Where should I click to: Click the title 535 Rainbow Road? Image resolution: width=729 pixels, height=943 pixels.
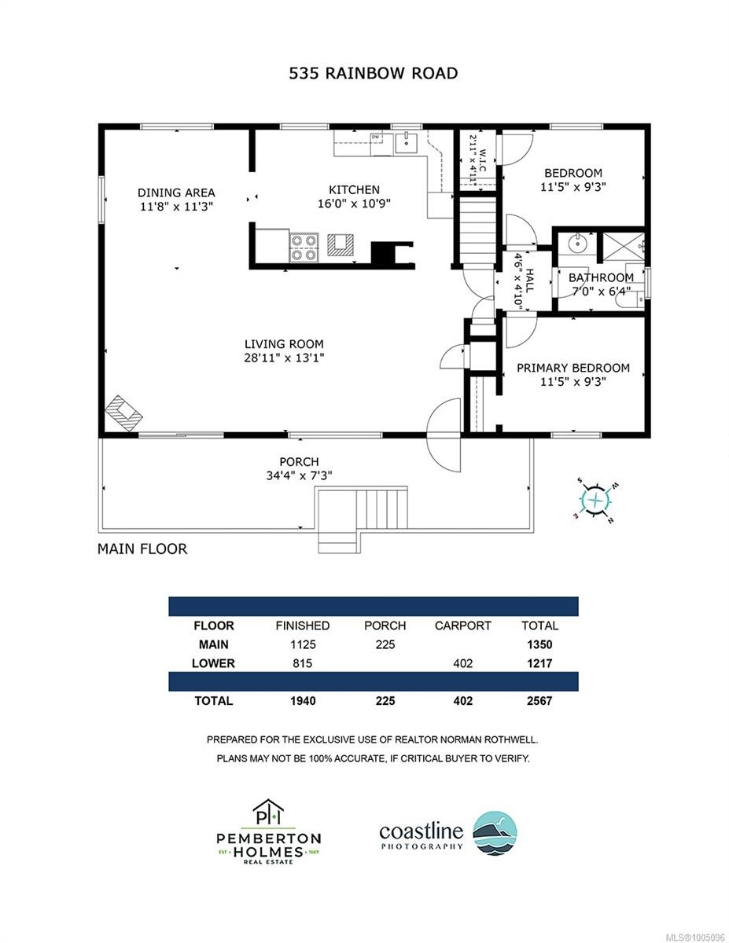pyautogui.click(x=364, y=74)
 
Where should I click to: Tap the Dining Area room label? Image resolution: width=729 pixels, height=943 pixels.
pyautogui.click(x=176, y=193)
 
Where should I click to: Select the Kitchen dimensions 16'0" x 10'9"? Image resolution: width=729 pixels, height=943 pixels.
pyautogui.click(x=354, y=203)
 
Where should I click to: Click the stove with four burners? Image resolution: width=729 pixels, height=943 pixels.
pyautogui.click(x=304, y=248)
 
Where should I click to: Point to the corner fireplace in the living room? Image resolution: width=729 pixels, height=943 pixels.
pyautogui.click(x=123, y=411)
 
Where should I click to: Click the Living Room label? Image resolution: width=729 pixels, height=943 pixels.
pyautogui.click(x=284, y=344)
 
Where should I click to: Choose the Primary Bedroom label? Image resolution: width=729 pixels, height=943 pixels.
pyautogui.click(x=573, y=368)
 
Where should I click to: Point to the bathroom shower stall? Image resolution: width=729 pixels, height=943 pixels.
pyautogui.click(x=624, y=247)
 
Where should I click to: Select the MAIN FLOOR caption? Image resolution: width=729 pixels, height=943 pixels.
pyautogui.click(x=142, y=549)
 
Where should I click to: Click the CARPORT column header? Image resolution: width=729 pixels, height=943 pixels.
pyautogui.click(x=462, y=626)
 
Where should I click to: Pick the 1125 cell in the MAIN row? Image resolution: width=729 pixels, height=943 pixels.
pyautogui.click(x=302, y=644)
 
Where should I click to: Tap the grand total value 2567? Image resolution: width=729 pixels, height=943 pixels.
pyautogui.click(x=539, y=700)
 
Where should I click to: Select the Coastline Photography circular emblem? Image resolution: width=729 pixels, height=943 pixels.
pyautogui.click(x=495, y=831)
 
